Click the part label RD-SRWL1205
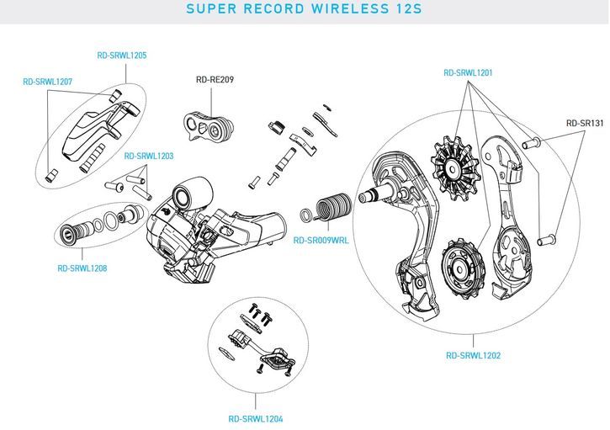(x=122, y=56)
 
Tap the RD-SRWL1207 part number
(x=47, y=82)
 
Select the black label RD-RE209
(x=215, y=80)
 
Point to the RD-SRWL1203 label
(x=149, y=157)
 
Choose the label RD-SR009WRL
(x=321, y=240)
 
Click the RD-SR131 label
(x=585, y=123)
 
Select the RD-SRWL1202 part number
(x=474, y=355)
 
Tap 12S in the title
(x=406, y=10)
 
